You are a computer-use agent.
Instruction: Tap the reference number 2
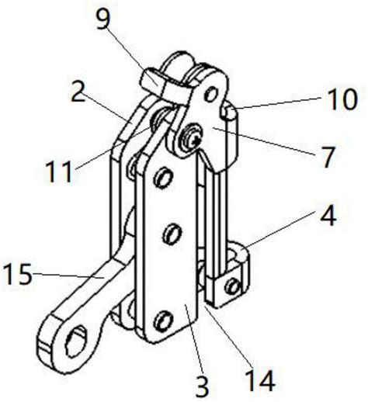(x=78, y=92)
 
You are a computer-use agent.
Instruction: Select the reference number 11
(x=58, y=171)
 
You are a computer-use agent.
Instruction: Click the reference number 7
(x=327, y=157)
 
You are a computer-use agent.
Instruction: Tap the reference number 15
(x=18, y=274)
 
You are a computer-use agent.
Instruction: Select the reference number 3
(x=202, y=386)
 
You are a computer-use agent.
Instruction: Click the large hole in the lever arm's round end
(x=77, y=339)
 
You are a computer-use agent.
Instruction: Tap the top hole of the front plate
(x=163, y=178)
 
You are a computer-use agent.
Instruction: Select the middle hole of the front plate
(x=172, y=234)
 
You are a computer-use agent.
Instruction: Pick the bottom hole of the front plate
(x=162, y=321)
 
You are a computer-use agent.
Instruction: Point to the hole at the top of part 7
(x=211, y=94)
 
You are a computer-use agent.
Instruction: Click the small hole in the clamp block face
(x=233, y=286)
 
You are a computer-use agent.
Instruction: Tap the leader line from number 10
(x=278, y=103)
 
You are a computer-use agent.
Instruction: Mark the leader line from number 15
(x=68, y=276)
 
